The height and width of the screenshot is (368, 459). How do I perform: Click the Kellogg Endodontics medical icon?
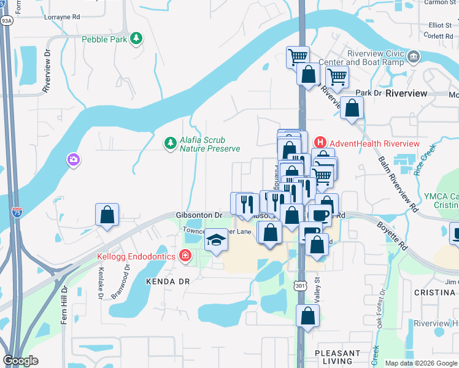[185, 256]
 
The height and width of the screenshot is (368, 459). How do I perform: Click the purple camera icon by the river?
[74, 160]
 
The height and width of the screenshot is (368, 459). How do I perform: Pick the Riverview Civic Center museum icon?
[414, 57]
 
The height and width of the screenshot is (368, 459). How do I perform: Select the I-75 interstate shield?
[17, 213]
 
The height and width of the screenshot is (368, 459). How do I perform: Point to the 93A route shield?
[7, 20]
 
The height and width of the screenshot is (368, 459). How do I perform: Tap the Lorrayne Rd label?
[62, 17]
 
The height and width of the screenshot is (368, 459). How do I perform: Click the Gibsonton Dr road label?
[199, 215]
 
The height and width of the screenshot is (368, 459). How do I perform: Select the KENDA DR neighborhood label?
[164, 280]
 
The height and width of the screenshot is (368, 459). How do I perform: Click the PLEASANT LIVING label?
[337, 358]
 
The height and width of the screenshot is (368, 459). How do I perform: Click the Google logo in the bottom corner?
[21, 361]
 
